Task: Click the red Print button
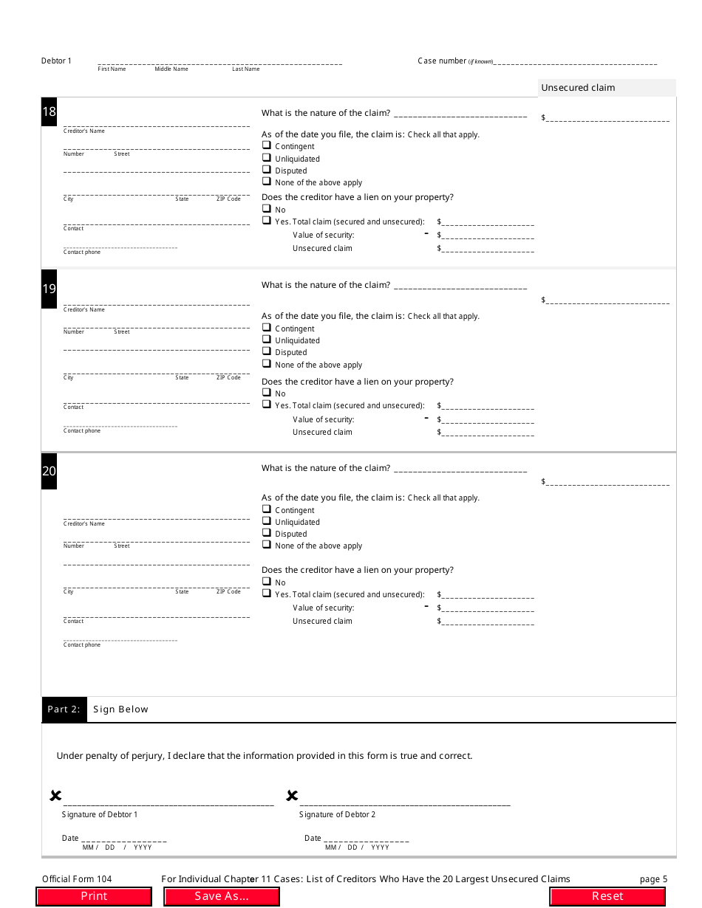click(94, 896)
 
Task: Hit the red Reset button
click(607, 896)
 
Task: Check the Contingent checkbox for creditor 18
click(266, 145)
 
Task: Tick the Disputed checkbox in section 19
click(266, 351)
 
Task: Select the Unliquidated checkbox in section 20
click(266, 521)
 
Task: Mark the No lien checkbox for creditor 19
click(266, 393)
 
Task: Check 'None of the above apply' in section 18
click(266, 182)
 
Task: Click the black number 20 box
click(49, 471)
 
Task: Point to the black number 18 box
click(49, 112)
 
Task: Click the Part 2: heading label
click(64, 709)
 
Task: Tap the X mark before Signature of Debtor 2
click(292, 796)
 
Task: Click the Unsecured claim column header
click(578, 88)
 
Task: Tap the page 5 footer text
click(653, 879)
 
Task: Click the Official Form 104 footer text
click(77, 879)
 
